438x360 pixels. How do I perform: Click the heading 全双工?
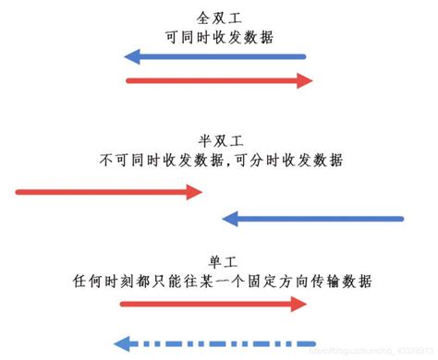click(219, 18)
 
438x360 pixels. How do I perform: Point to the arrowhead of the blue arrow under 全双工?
click(132, 57)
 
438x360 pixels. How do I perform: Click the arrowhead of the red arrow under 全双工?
click(304, 81)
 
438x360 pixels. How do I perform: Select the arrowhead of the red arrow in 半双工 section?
click(193, 192)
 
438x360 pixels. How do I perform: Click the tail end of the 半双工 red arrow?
click(18, 192)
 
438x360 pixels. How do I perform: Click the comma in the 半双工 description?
click(232, 162)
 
